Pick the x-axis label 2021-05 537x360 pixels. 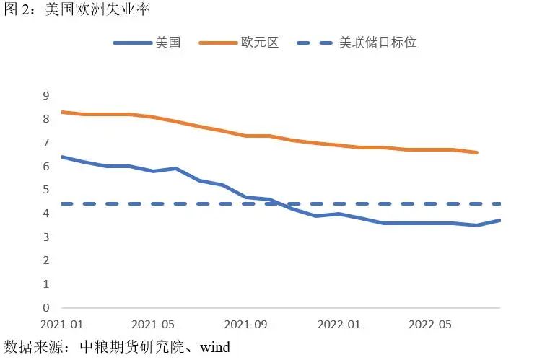[x=154, y=324]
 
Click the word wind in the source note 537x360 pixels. [x=215, y=348]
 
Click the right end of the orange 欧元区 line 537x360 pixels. [x=477, y=152]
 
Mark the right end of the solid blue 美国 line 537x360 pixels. [x=499, y=220]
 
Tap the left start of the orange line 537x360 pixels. [x=62, y=112]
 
